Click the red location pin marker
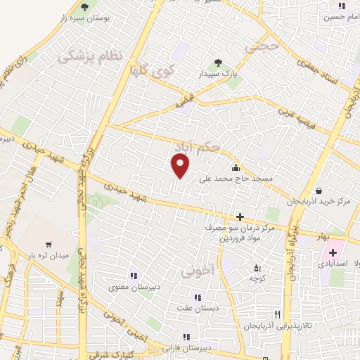coord(181,166)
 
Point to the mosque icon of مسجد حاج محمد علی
coord(235,167)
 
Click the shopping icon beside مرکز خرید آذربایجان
coord(319,190)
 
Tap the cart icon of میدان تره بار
coord(48,244)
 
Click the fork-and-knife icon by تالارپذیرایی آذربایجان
coord(278,314)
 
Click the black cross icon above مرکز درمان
coord(240,217)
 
